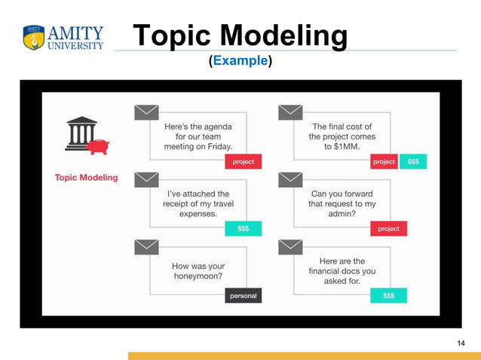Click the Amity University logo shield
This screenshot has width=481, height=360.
34,38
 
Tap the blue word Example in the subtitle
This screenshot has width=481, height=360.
240,60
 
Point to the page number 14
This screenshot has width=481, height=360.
461,343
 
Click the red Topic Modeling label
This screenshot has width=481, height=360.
86,178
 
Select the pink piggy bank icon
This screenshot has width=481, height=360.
97,145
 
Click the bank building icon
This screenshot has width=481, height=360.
79,133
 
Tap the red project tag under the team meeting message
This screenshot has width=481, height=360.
243,162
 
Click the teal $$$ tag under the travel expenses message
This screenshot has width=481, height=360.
243,228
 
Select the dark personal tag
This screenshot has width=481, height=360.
243,296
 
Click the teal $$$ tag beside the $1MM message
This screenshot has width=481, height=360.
413,162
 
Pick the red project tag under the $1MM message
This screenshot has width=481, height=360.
384,162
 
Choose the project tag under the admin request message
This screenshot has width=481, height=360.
388,228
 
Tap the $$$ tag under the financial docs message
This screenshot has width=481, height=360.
388,296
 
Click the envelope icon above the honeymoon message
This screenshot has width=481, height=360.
146,247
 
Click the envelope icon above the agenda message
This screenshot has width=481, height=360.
146,112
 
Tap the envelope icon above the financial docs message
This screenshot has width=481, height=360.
290,247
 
